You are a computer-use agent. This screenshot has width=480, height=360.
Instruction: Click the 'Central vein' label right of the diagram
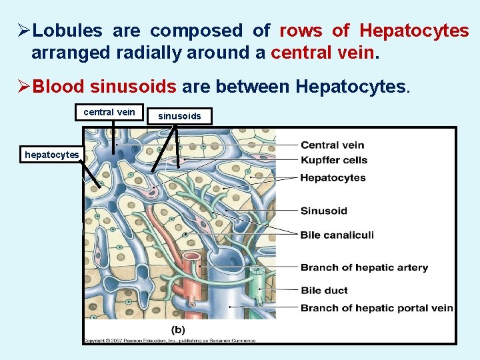332,145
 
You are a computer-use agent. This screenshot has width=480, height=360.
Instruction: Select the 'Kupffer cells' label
333,160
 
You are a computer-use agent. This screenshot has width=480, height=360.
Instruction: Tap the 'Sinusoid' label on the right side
323,211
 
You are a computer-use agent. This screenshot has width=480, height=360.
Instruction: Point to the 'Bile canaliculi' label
337,235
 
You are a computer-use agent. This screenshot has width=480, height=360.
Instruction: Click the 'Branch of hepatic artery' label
364,268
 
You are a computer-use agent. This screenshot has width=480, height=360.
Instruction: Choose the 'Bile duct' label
324,291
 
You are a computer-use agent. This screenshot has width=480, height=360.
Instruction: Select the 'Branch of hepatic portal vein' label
377,308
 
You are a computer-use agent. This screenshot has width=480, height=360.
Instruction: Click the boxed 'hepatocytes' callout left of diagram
51,155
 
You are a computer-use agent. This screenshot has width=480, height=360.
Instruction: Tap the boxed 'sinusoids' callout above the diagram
179,117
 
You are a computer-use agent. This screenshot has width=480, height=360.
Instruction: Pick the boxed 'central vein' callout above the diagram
109,112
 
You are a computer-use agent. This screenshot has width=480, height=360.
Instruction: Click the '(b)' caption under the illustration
178,329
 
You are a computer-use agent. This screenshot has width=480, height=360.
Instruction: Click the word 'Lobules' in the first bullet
67,31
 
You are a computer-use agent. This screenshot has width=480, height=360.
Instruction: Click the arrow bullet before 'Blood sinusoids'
24,87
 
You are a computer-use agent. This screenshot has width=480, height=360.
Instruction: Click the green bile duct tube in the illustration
256,287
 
